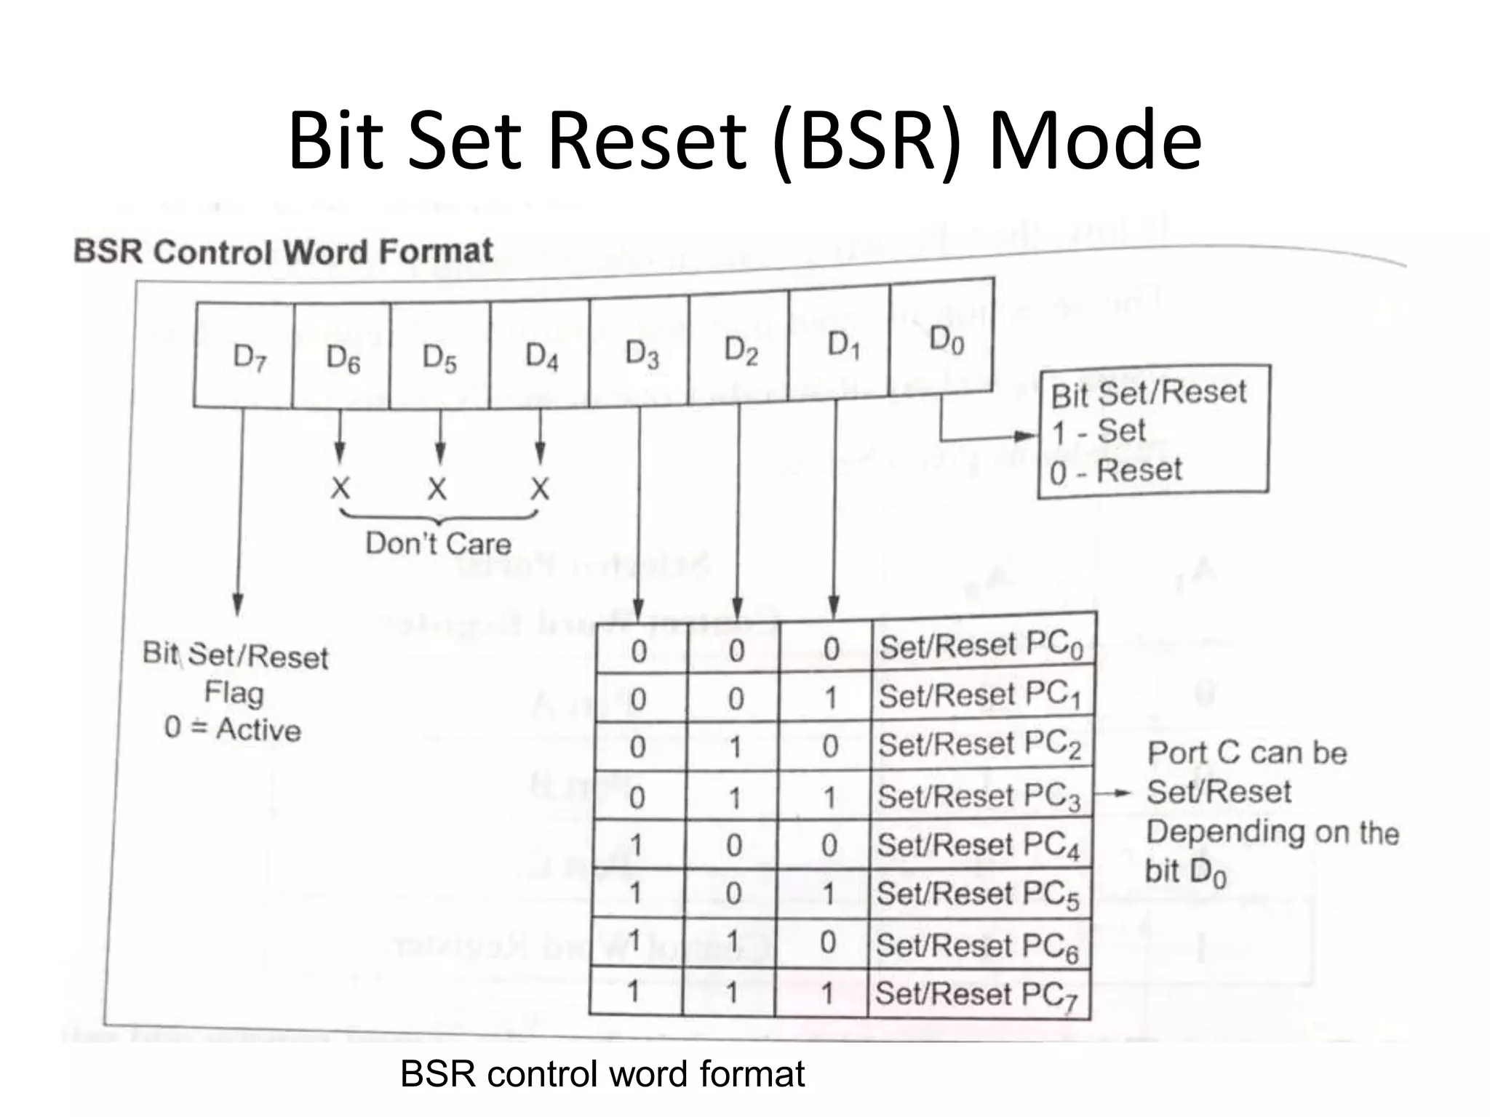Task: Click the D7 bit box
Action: (x=244, y=356)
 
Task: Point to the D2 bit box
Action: (x=739, y=351)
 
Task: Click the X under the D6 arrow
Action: (x=340, y=488)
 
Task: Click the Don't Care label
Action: (x=438, y=544)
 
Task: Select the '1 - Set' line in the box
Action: (x=1099, y=432)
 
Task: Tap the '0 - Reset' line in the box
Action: (x=1116, y=471)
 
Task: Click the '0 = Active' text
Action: (x=233, y=729)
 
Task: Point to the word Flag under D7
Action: (x=234, y=692)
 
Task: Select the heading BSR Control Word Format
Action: (x=284, y=252)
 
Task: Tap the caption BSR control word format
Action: (x=602, y=1074)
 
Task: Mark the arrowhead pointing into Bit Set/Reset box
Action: (x=1027, y=436)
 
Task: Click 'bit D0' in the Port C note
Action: (x=1186, y=872)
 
